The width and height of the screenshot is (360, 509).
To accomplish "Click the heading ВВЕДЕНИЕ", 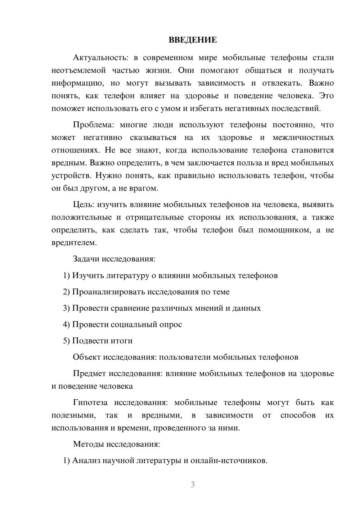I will pos(193,40).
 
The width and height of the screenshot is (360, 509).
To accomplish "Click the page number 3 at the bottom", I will pos(193,485).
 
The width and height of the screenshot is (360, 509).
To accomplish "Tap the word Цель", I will pos(84,204).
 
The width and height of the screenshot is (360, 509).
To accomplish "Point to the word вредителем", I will pos(74,243).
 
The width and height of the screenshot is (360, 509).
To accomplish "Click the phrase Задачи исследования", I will pos(114,259).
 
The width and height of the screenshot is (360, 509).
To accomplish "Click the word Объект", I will pos(87,357).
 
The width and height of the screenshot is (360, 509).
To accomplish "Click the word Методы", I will pos(88,444).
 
